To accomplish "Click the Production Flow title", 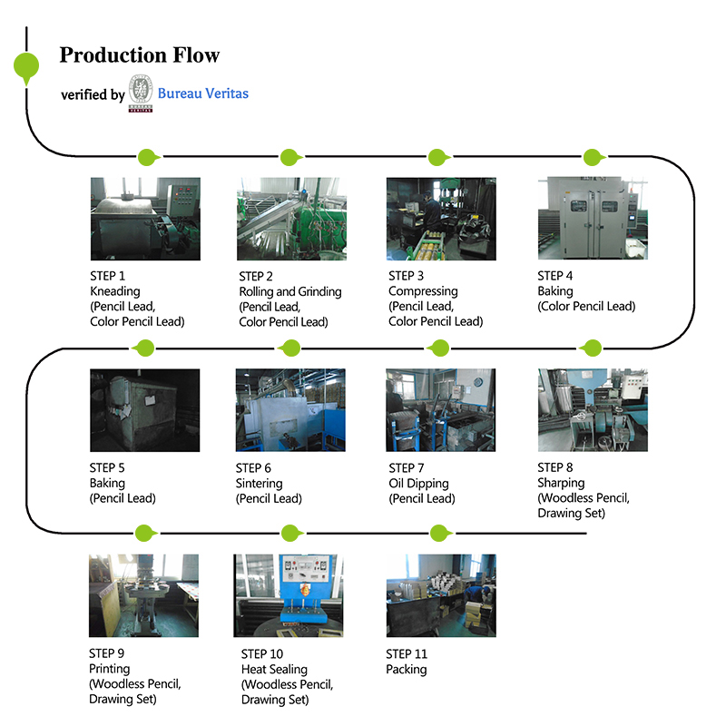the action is click(x=140, y=55).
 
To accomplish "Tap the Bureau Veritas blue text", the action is click(x=202, y=93).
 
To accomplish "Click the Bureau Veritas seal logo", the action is click(x=141, y=93).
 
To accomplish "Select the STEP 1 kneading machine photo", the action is click(x=145, y=219).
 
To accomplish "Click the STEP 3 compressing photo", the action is click(x=441, y=219).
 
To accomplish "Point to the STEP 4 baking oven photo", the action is click(x=593, y=218).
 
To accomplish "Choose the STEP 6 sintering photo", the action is click(x=290, y=410).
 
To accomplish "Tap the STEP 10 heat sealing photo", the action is click(x=289, y=596).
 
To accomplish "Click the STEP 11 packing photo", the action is click(x=441, y=596).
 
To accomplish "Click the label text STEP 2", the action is click(x=256, y=277).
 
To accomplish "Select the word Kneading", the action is click(x=115, y=291).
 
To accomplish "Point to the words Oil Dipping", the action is click(x=418, y=484).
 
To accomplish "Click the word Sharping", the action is click(x=561, y=484).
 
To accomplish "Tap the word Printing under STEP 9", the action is click(x=109, y=669).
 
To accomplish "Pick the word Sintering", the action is click(x=259, y=484).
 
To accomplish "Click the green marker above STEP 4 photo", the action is click(x=594, y=157).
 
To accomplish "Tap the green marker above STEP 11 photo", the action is click(x=440, y=534).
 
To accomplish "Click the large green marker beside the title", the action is click(x=26, y=67).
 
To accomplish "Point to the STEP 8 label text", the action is click(x=555, y=467).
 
